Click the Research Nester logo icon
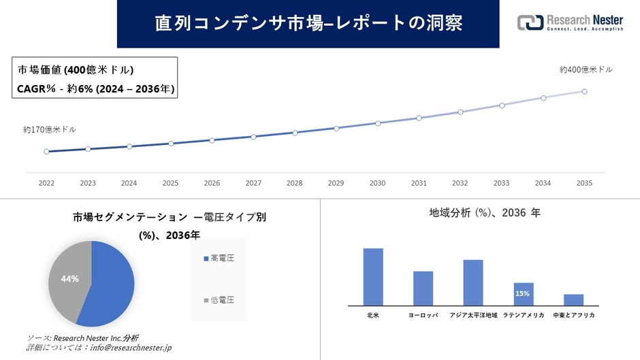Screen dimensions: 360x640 point(530,22)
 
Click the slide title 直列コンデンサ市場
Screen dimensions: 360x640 point(308,23)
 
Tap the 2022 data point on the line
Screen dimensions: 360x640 point(46,152)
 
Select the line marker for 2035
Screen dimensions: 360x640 point(584,91)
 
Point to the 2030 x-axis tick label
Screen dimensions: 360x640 point(377,184)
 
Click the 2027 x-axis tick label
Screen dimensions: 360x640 point(253,184)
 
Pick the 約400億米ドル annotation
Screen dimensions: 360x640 point(586,69)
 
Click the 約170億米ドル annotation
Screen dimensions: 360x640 point(50,129)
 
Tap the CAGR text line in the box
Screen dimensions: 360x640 point(95,88)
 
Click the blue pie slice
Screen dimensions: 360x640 point(109,282)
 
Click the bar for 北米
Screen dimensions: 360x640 point(373,277)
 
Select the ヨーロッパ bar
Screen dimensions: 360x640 point(423,289)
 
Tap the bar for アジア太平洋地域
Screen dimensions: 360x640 point(473,282)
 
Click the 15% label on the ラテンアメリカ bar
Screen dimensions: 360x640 point(523,293)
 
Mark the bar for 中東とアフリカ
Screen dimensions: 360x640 point(573,300)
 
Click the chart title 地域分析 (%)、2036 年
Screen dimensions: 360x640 point(485,213)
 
